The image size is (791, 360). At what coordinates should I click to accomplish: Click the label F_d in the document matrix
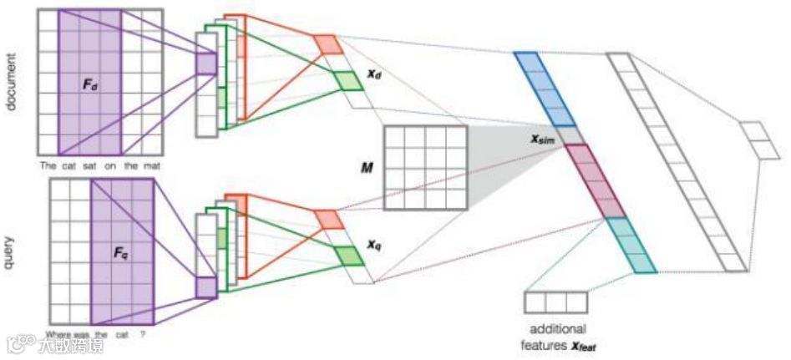pos(90,84)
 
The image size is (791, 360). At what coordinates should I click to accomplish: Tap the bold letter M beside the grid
pos(366,168)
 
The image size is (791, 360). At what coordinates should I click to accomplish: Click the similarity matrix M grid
pos(425,167)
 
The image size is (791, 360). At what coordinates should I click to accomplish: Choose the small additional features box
pos(555,302)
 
